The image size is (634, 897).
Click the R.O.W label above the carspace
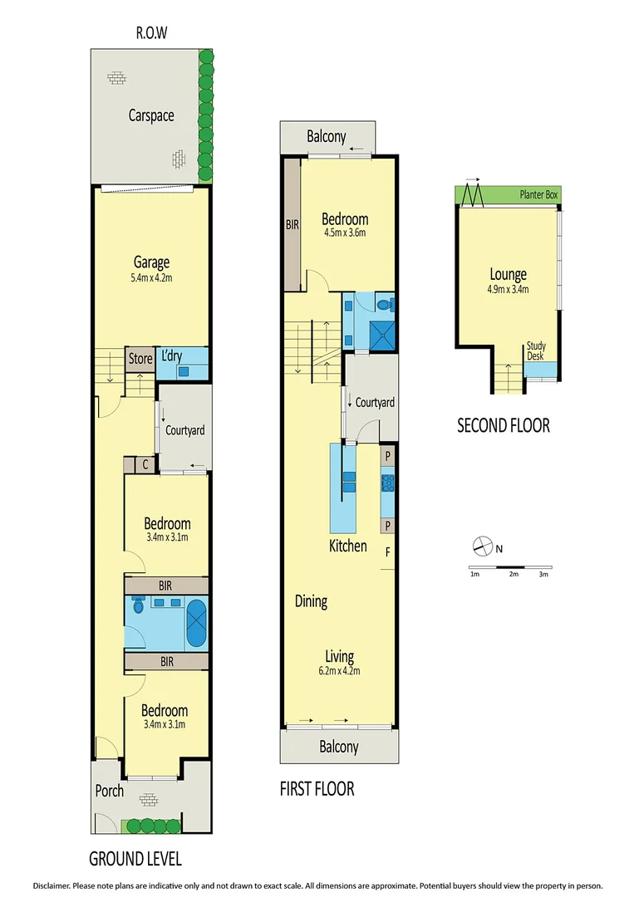click(x=151, y=34)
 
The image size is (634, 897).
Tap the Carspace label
click(x=151, y=115)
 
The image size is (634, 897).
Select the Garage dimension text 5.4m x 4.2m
click(x=151, y=278)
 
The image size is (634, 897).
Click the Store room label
click(x=140, y=359)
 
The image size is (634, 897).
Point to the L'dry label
click(x=171, y=356)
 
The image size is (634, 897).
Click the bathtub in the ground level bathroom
click(x=196, y=624)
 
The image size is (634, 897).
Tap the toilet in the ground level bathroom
click(x=139, y=606)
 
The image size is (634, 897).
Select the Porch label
click(x=110, y=791)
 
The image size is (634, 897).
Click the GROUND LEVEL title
click(x=135, y=858)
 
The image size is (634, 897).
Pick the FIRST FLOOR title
click(x=317, y=788)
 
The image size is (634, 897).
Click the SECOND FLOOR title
click(x=504, y=426)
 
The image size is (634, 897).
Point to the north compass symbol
click(x=483, y=547)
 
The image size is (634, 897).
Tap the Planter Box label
click(x=538, y=194)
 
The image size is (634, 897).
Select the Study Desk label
click(x=536, y=350)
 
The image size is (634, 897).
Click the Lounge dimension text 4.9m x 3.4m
click(x=509, y=290)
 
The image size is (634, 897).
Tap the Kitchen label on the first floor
click(x=347, y=546)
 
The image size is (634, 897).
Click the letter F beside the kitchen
click(x=386, y=551)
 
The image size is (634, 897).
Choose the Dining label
click(x=311, y=601)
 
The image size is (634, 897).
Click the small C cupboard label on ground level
click(x=145, y=465)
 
